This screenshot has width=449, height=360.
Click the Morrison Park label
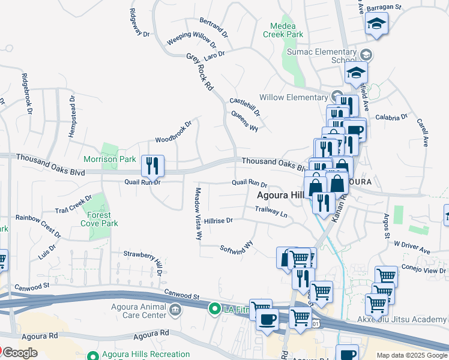(110, 160)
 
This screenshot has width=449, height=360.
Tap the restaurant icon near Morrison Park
(152, 165)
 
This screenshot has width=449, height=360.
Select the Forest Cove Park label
(99, 219)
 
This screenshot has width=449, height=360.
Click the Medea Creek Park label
(283, 30)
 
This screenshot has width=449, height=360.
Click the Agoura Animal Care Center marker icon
(175, 310)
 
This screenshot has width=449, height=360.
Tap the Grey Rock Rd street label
(200, 71)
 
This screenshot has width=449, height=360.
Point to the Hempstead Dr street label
(72, 116)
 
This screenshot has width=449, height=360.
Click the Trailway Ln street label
(271, 211)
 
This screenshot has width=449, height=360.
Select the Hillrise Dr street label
(218, 221)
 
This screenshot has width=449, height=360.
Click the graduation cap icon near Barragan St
(376, 25)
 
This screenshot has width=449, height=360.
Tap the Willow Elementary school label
(293, 97)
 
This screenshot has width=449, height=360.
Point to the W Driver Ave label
(412, 247)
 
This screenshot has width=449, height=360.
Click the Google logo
(19, 353)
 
